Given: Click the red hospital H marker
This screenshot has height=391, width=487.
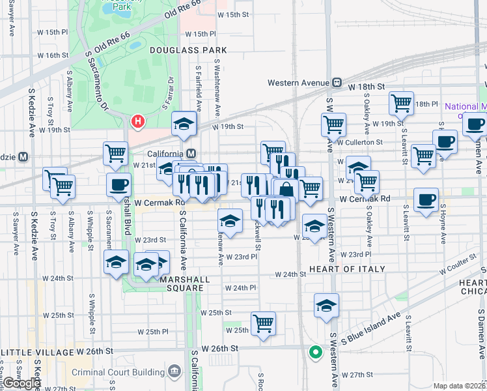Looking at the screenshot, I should tap(138, 121).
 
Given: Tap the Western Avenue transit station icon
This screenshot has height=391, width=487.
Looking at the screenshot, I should tap(337, 83).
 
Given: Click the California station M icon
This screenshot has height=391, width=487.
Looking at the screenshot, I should tap(191, 154).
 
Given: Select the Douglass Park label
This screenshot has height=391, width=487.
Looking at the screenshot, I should tap(188, 50).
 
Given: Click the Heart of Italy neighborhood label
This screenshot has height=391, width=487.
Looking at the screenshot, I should tap(348, 268).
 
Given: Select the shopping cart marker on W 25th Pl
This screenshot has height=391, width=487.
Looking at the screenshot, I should tap(263, 323).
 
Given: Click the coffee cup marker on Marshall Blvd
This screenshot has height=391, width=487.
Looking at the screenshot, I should tap(118, 184).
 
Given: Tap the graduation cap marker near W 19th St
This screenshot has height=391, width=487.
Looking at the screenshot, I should tap(184, 123).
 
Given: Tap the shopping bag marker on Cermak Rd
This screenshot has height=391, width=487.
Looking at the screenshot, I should tap(286, 190).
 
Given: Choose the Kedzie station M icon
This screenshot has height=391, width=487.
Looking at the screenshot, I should tap(23, 156).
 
